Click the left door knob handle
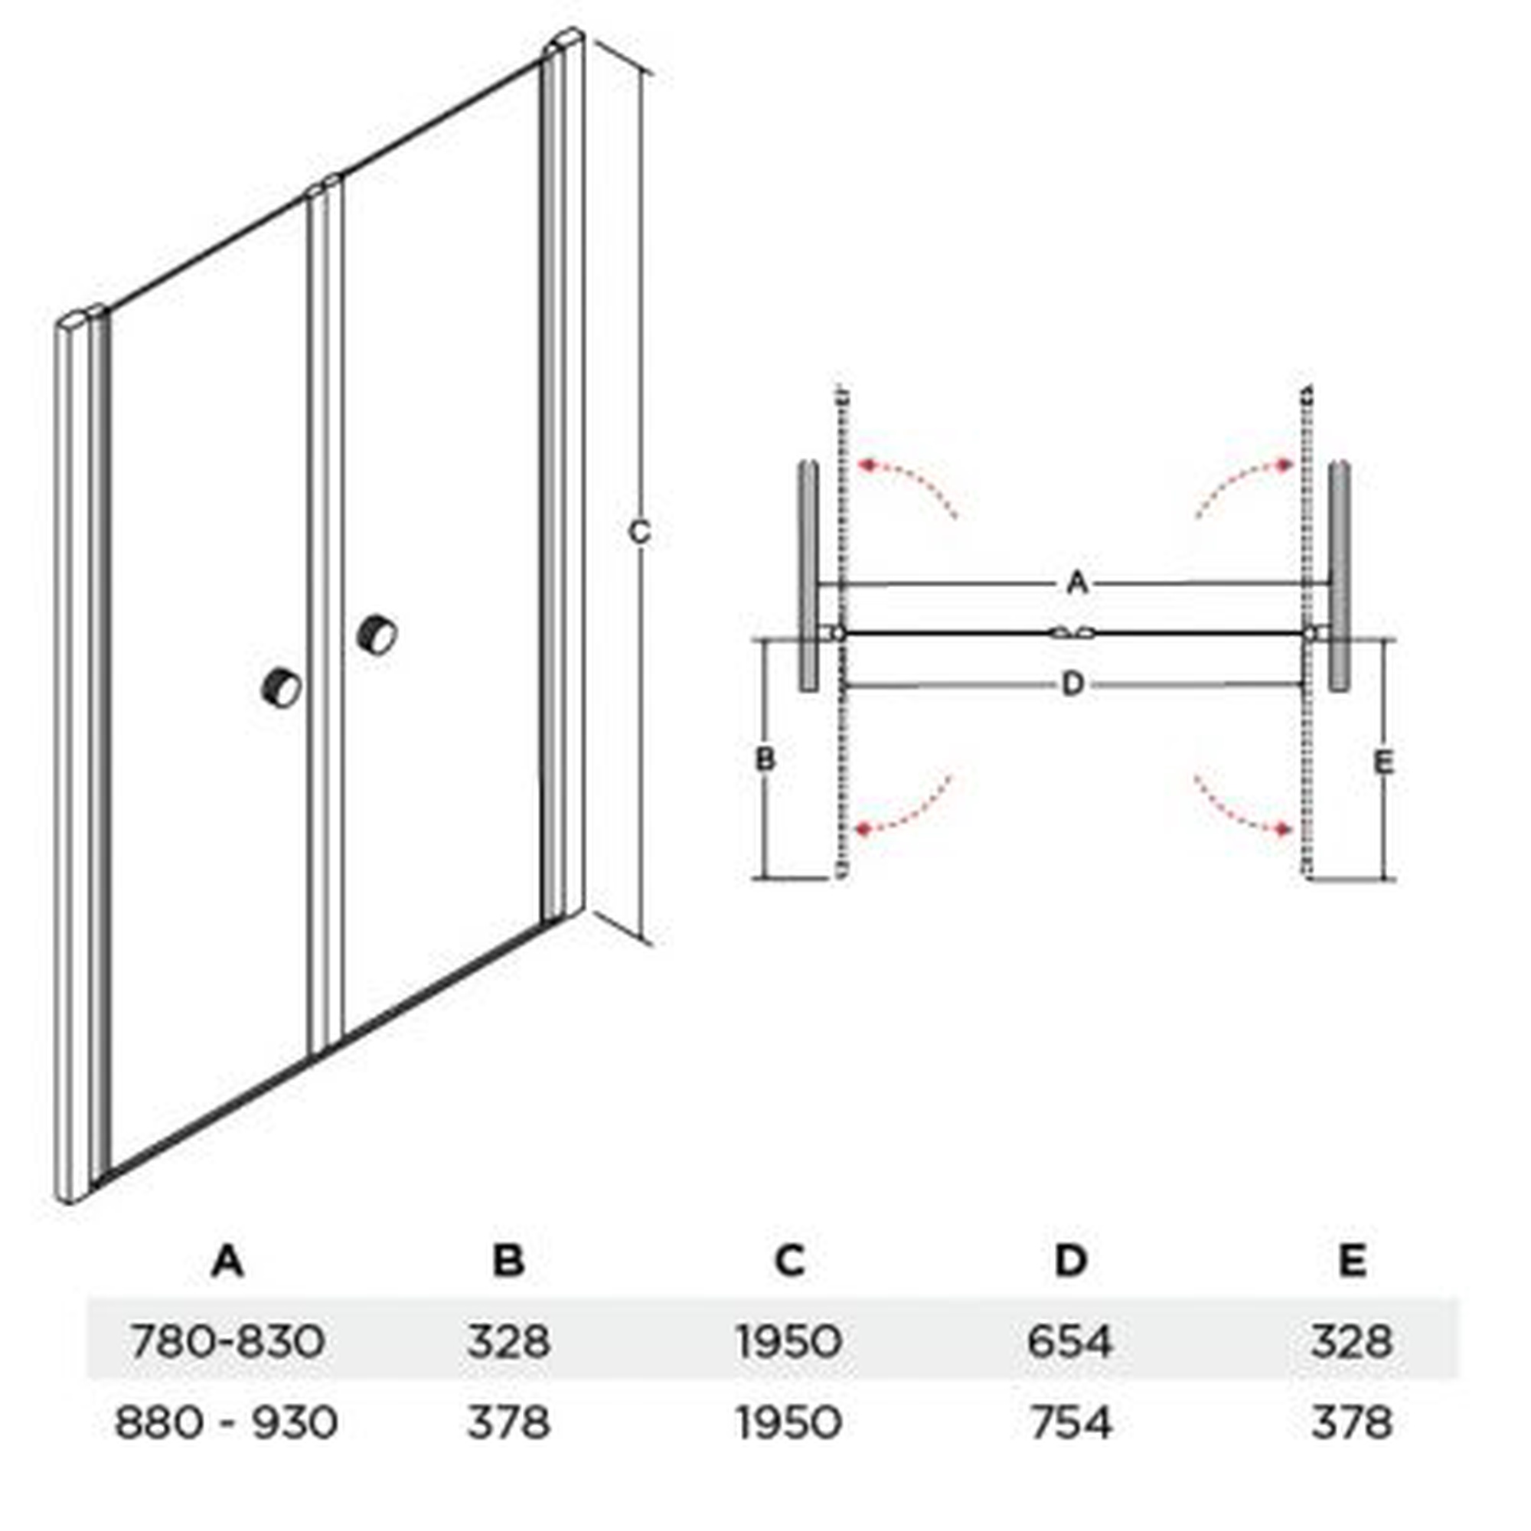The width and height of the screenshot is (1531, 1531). pos(281,687)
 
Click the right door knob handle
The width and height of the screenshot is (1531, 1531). pos(377,634)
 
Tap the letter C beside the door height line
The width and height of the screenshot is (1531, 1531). pos(638,532)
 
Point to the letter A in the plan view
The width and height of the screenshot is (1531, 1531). pos(1077,583)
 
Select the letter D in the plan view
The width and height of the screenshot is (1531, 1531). pos(1072,683)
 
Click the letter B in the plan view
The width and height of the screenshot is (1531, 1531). pos(765,759)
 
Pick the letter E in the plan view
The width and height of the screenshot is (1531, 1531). pos(1383,762)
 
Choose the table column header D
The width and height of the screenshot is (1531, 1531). pos(1071,1260)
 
